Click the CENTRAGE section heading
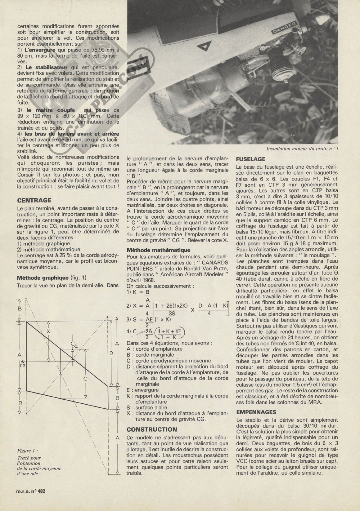[34, 200]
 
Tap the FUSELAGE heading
[251, 159]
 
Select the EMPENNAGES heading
[256, 412]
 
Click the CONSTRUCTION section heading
[152, 429]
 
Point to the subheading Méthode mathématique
[158, 250]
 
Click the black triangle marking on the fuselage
[204, 47]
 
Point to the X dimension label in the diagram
[48, 331]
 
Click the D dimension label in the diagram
[111, 353]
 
